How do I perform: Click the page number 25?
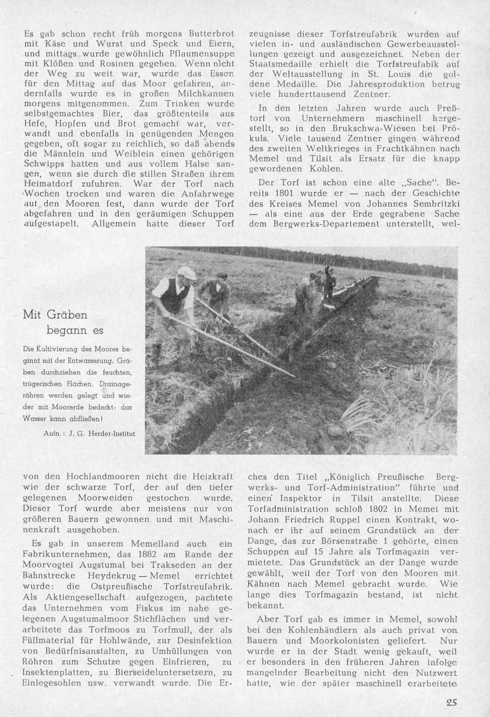click(450, 702)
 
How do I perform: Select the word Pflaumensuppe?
click(202, 54)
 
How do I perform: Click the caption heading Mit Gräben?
click(55, 315)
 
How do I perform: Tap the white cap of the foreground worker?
click(186, 272)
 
